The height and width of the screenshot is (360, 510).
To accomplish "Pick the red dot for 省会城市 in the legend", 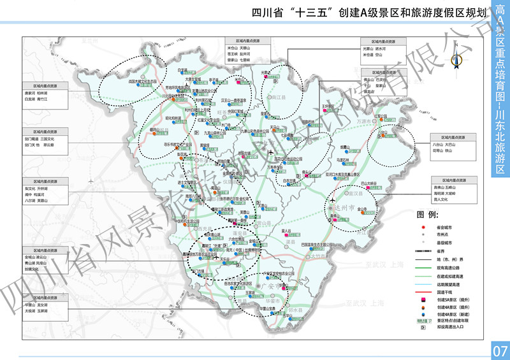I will click(x=423, y=227).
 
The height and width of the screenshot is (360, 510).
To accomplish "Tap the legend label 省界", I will click(x=441, y=250).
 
